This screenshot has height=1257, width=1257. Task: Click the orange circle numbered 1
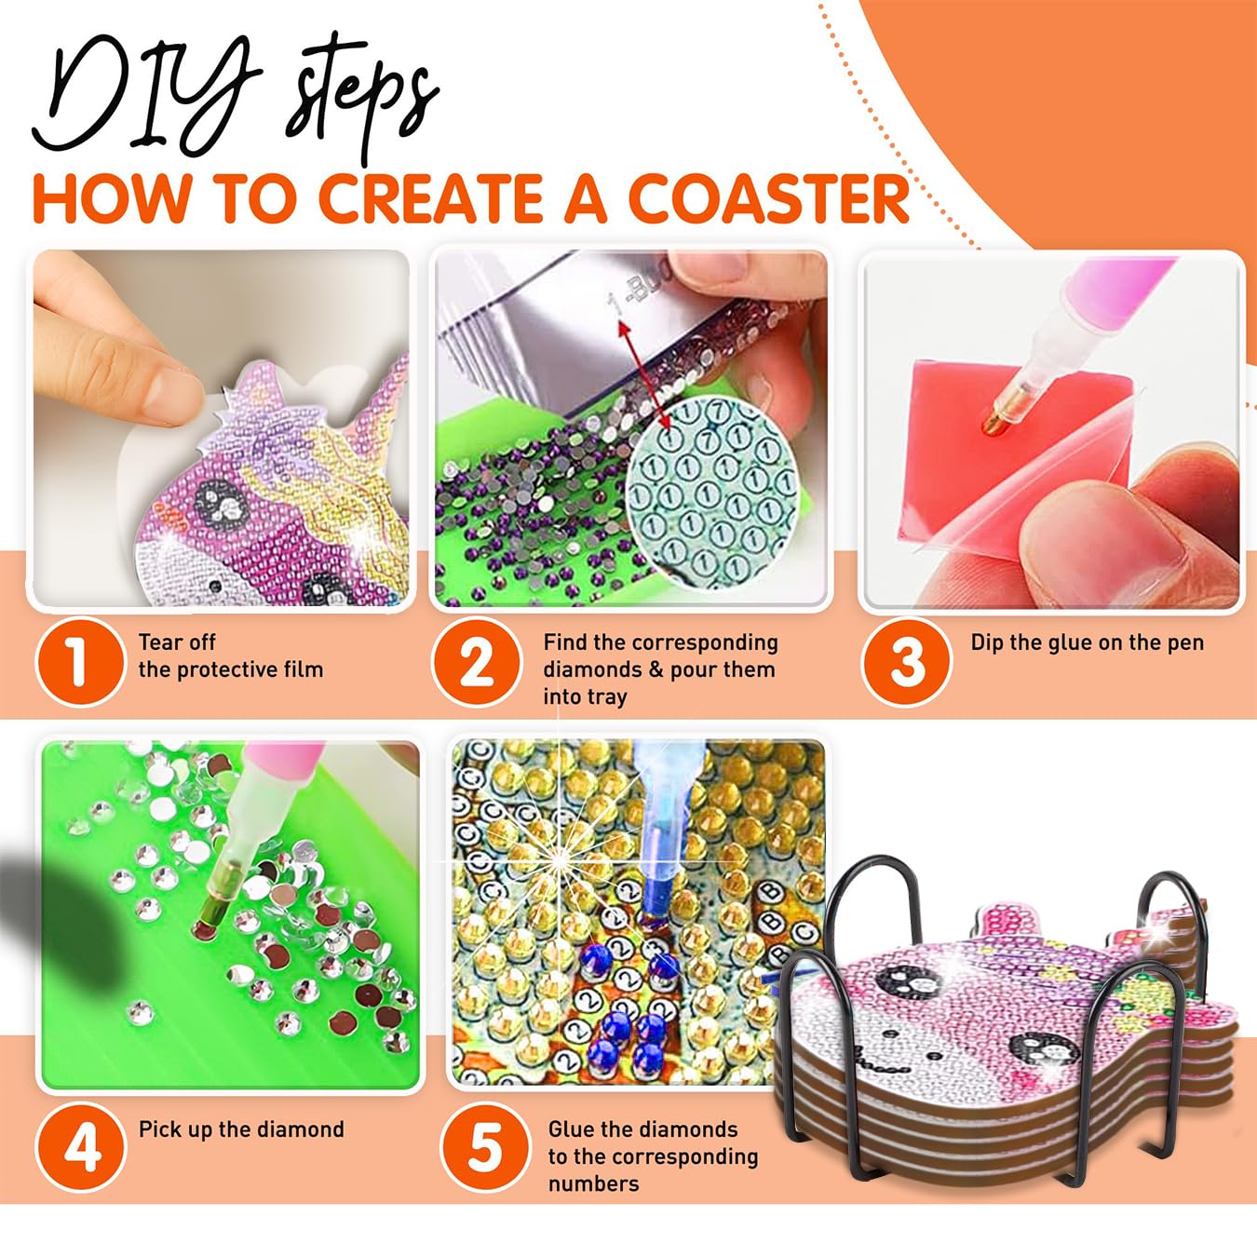pyautogui.click(x=80, y=661)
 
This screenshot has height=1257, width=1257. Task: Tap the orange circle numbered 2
pyautogui.click(x=477, y=661)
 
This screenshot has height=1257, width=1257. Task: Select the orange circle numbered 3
pyautogui.click(x=906, y=661)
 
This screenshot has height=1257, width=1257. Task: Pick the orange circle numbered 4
pyautogui.click(x=82, y=1147)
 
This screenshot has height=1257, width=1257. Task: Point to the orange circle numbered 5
pyautogui.click(x=486, y=1147)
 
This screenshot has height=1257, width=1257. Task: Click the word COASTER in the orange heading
pyautogui.click(x=769, y=198)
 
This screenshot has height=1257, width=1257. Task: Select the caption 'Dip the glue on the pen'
pyautogui.click(x=1087, y=642)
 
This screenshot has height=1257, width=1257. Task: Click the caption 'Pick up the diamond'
pyautogui.click(x=241, y=1129)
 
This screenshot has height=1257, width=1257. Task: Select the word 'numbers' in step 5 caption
pyautogui.click(x=594, y=1183)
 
